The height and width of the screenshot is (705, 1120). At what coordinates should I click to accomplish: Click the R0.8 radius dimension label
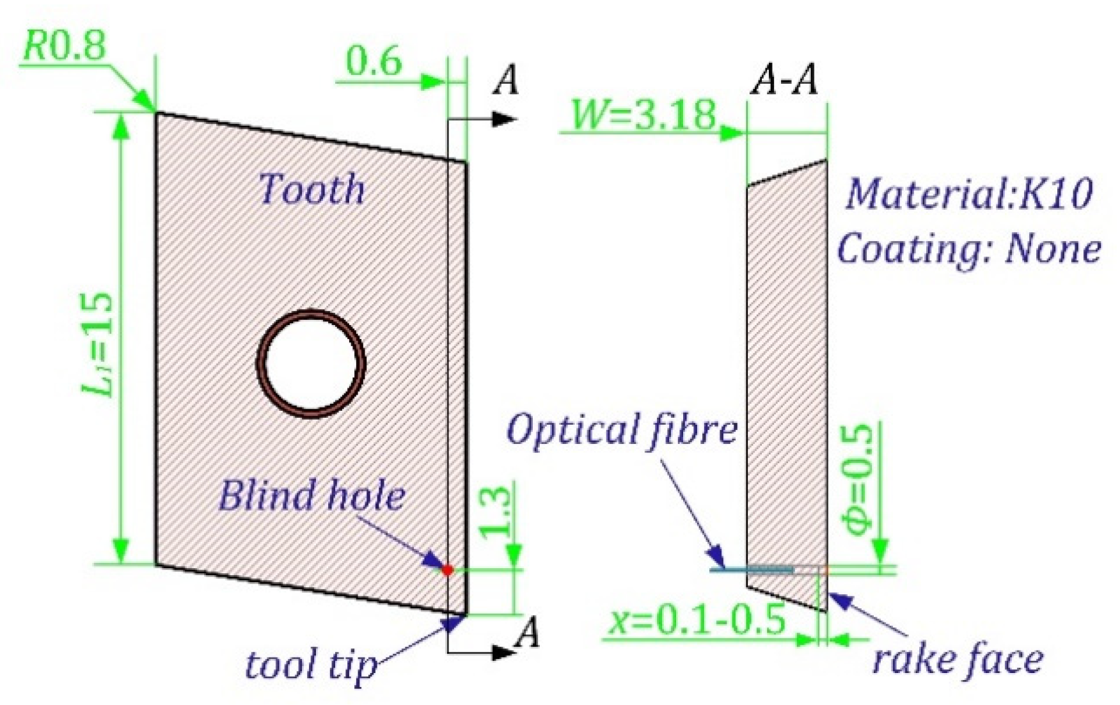pos(64,46)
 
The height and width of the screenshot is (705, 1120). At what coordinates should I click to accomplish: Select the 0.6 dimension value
pos(374,63)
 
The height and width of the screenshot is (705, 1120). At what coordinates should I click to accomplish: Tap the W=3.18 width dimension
pos(643,115)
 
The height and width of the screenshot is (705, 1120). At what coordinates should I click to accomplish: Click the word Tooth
pos(312,189)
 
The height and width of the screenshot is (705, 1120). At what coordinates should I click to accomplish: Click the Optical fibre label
pos(622,430)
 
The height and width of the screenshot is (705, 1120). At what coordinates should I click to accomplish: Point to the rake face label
pos(958,659)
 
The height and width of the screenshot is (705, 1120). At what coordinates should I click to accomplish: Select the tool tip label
pos(312,665)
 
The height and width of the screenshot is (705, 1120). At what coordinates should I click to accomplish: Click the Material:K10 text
pos(969,193)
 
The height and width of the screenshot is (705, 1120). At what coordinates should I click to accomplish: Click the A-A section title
pos(784,81)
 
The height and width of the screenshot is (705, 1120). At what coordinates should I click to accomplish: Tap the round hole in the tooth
pos(312,363)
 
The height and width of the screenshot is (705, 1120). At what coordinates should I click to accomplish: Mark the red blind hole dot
pos(447,569)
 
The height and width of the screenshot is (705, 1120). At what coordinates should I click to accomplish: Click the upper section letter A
pos(507,81)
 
